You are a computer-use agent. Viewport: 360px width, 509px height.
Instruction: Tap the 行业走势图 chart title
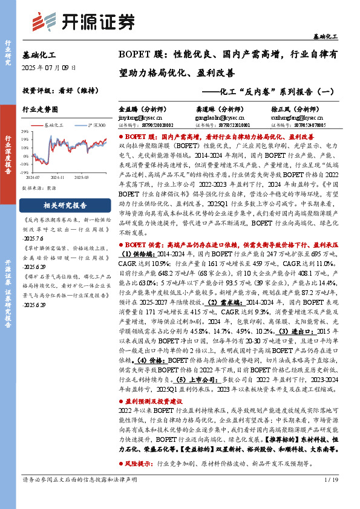point(40,109)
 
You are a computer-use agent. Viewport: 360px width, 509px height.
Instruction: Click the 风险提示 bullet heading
point(143,464)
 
